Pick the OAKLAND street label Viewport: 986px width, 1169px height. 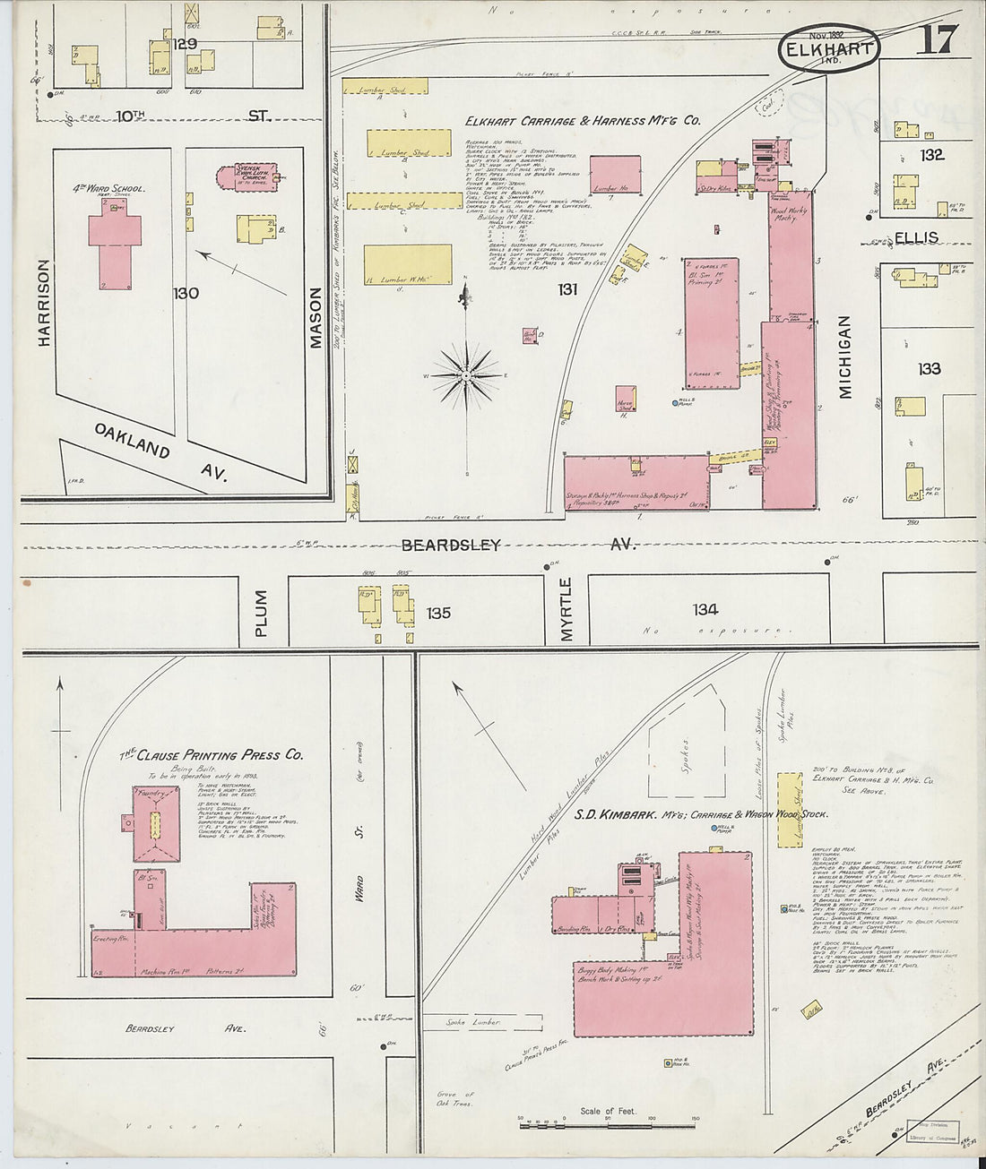pyautogui.click(x=133, y=439)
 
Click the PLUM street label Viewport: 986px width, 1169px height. pyautogui.click(x=261, y=614)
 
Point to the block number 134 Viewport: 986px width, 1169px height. pyautogui.click(x=705, y=610)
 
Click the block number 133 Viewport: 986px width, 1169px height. pyautogui.click(x=929, y=368)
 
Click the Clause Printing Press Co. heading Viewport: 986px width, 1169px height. pyautogui.click(x=212, y=755)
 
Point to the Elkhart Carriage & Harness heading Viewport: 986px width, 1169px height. pyautogui.click(x=583, y=121)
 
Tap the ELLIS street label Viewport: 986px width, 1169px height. pyautogui.click(x=914, y=237)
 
